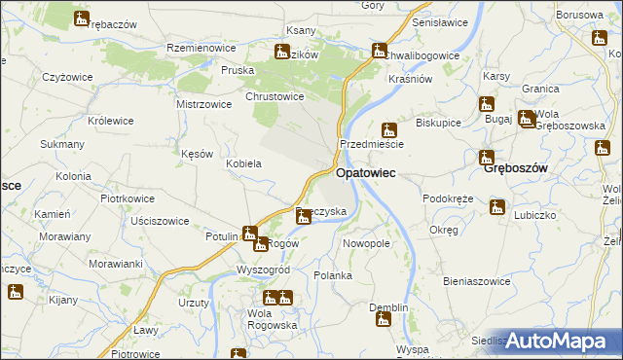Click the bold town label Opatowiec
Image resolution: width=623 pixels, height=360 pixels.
pos(365,173)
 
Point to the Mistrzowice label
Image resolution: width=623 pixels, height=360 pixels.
pos(203,103)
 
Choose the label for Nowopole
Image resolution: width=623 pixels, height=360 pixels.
pos(367,243)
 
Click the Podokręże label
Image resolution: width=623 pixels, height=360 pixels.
pos(448,198)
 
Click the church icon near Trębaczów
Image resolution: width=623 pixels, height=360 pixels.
pos(81,18)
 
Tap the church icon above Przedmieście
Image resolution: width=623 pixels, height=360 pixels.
pos(388,129)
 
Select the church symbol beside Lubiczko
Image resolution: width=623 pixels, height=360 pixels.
pos(497,207)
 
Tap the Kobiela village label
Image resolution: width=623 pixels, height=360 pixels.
pos(243,163)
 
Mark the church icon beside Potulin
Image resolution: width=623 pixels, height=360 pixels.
pos(249,234)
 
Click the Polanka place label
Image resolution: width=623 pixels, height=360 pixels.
pos(333,275)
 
